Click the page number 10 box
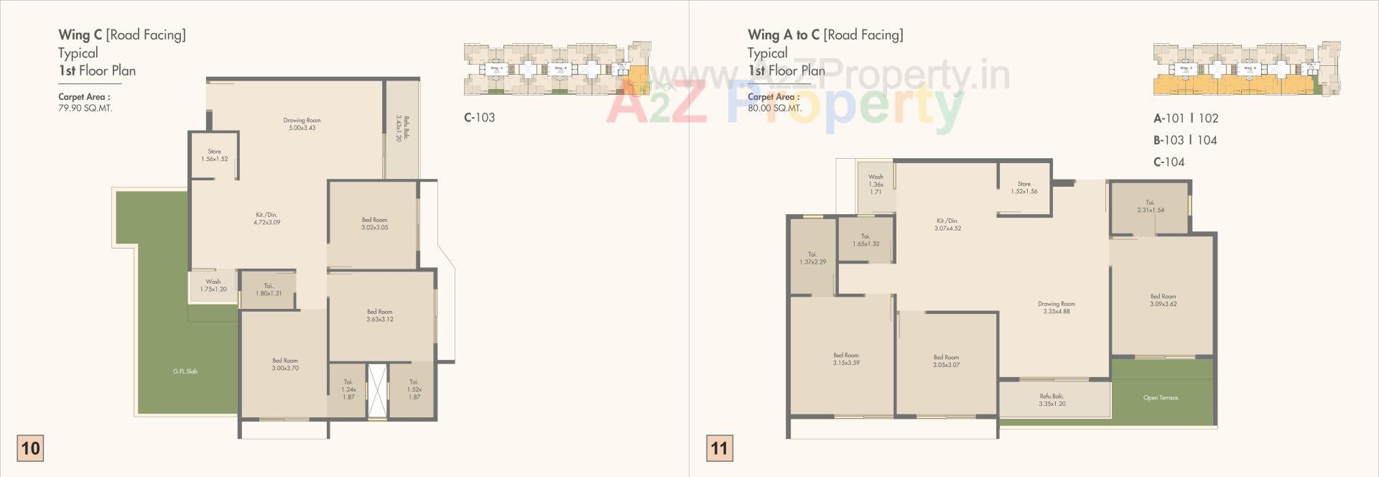pyautogui.click(x=30, y=449)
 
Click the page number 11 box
pyautogui.click(x=719, y=449)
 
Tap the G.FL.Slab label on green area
pyautogui.click(x=185, y=371)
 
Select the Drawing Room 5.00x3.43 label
pyautogui.click(x=302, y=124)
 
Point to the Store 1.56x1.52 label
pyautogui.click(x=214, y=155)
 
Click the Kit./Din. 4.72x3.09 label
pyautogui.click(x=266, y=218)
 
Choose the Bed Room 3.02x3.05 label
pyautogui.click(x=374, y=223)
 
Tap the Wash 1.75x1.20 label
pyautogui.click(x=213, y=285)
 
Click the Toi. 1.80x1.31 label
pyautogui.click(x=268, y=290)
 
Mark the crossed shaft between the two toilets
pyautogui.click(x=376, y=392)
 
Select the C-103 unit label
pyautogui.click(x=479, y=118)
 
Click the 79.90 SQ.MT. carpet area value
pyautogui.click(x=85, y=108)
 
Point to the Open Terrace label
pyautogui.click(x=1161, y=397)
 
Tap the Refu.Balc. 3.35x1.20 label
pyautogui.click(x=1051, y=400)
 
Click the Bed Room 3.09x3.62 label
pyautogui.click(x=1163, y=300)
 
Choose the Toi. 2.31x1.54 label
pyautogui.click(x=1150, y=207)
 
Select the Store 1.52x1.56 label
pyautogui.click(x=1023, y=187)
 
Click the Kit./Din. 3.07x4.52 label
pyautogui.click(x=947, y=224)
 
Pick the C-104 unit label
pyautogui.click(x=1169, y=162)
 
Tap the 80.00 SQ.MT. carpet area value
pyautogui.click(x=774, y=108)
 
